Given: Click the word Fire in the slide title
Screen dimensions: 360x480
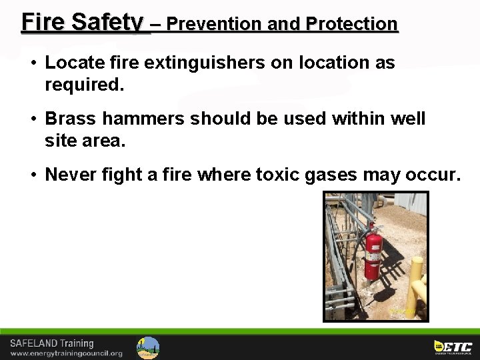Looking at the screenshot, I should [x=43, y=22].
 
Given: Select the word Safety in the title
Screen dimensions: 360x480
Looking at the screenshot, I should [x=107, y=22].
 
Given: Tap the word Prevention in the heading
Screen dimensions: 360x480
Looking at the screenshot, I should [x=213, y=24].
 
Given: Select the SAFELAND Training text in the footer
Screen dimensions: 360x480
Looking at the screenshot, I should [x=52, y=343].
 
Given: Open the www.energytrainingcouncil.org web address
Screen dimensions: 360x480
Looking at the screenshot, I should [x=66, y=353].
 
